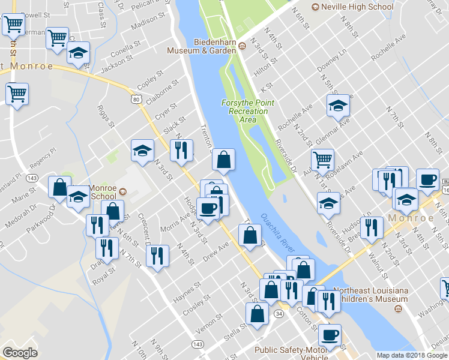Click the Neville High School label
358,7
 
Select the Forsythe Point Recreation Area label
247,111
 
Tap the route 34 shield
279,313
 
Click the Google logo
20,352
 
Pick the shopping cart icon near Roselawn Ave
322,159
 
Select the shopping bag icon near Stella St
257,313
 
